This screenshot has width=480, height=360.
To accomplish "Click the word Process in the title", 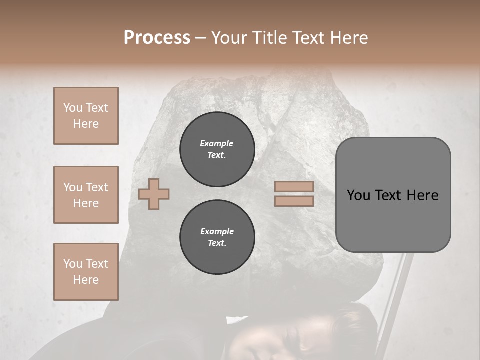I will point(157,38).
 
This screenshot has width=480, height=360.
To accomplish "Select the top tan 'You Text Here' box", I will point(86,116).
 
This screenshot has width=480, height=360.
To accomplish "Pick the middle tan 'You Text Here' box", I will point(86,195).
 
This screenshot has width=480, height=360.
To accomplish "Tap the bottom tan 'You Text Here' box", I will point(86,272).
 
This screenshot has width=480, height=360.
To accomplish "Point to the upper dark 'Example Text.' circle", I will point(217,149).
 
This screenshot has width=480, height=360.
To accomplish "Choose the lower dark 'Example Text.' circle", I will point(217,237).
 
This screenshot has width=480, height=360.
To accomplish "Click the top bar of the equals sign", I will point(294,187).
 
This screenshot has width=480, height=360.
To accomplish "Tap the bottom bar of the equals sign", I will point(294,201).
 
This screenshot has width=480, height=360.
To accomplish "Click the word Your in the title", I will point(228,38).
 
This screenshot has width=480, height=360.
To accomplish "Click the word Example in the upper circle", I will point(216,143).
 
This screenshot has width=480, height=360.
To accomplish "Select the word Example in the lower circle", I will point(217,231).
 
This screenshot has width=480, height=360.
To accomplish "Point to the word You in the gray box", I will point(359,195).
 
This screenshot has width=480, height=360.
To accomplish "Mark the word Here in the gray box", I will point(422,195).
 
